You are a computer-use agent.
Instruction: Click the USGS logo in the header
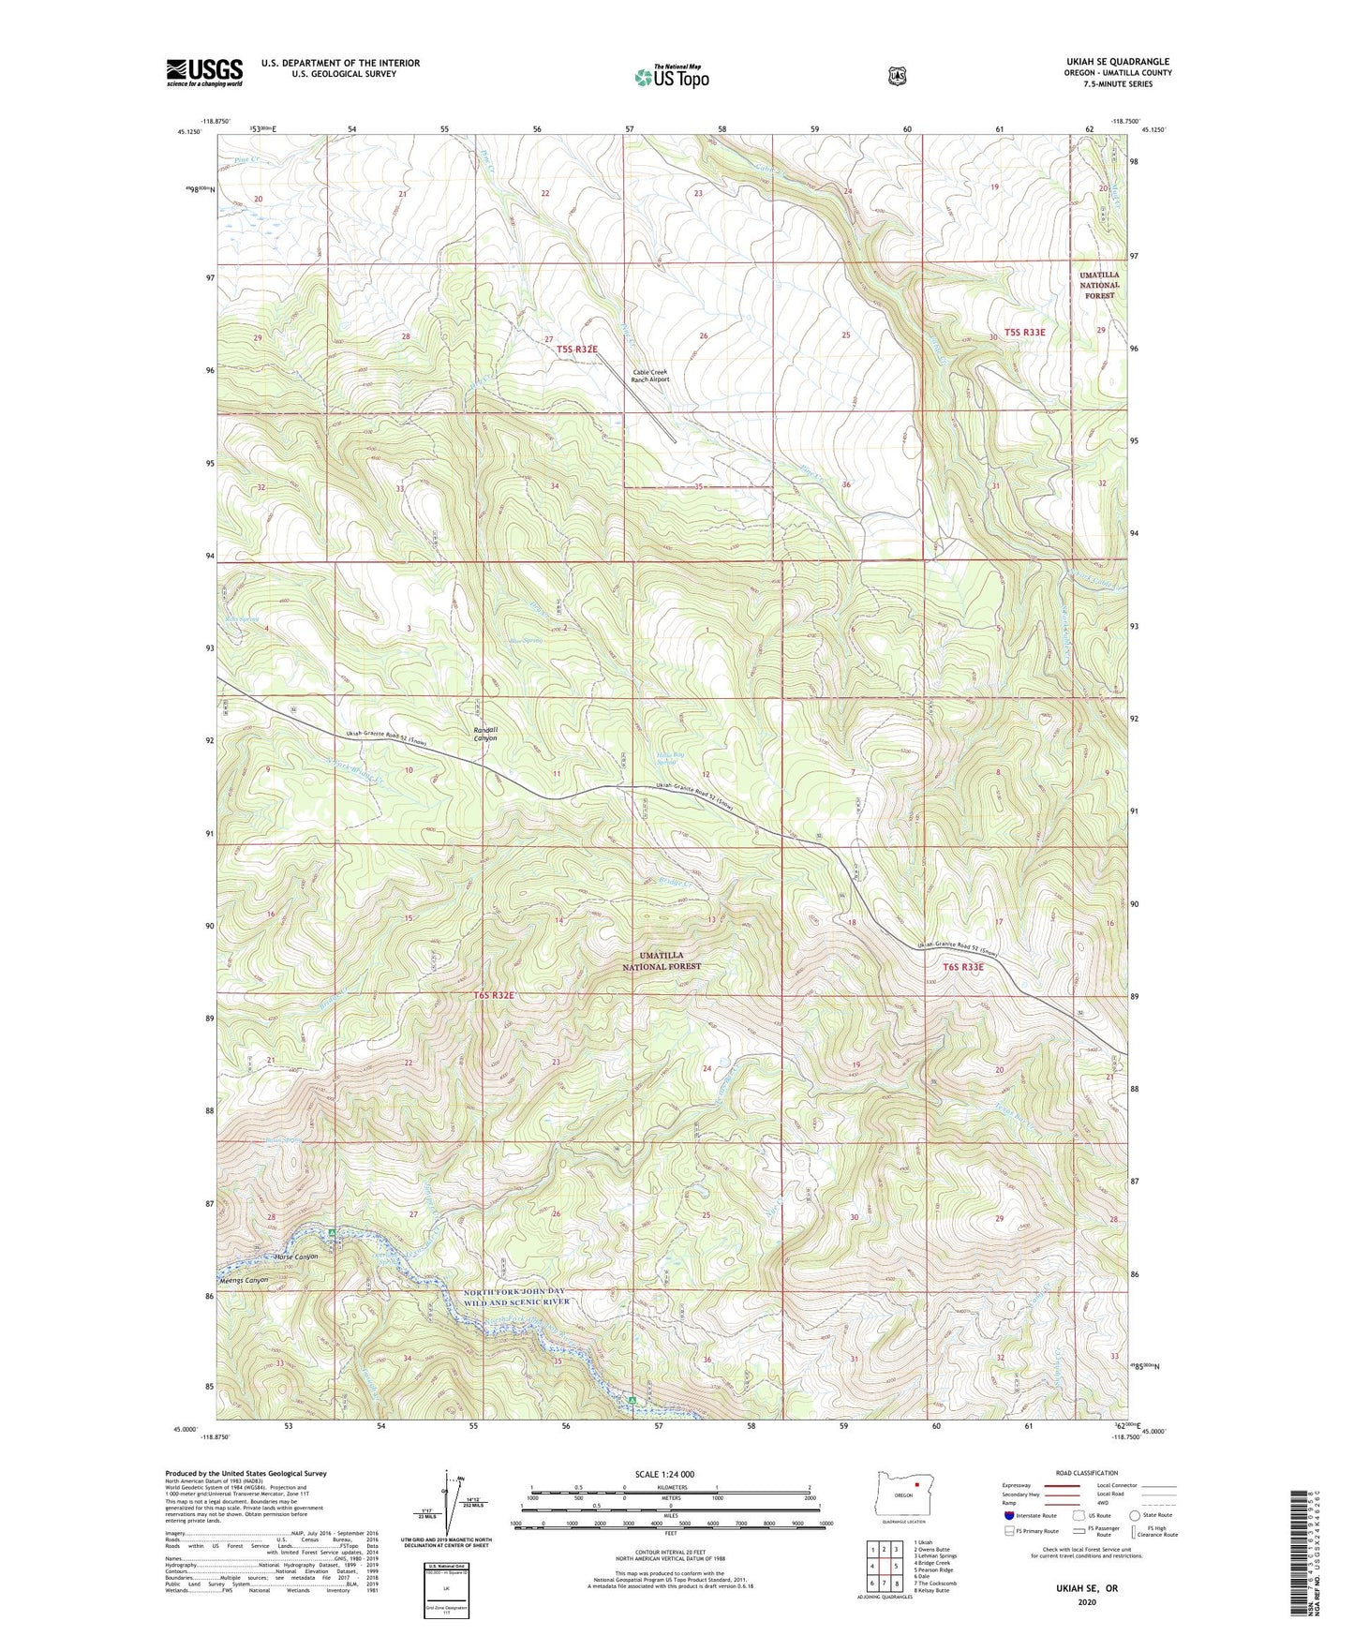(x=204, y=72)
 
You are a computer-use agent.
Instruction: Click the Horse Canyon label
(x=296, y=1257)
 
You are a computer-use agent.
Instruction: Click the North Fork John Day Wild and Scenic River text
(x=516, y=1297)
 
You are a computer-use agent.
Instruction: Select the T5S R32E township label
(x=577, y=349)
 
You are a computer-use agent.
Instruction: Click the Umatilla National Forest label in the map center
(x=662, y=960)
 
